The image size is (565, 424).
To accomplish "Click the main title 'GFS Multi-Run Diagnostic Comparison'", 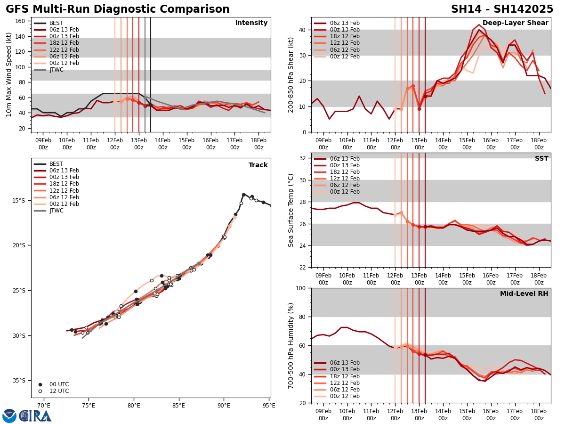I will coord(118,9).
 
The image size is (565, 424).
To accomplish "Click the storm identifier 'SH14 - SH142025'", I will coord(502,9).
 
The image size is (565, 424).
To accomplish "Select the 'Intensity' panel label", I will coord(251,23).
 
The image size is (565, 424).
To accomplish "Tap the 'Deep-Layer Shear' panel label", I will coord(515,23).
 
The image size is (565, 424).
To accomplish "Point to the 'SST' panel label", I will coord(541,159).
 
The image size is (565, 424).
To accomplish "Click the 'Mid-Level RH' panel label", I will coord(524,294).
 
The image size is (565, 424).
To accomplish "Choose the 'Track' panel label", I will coord(258,165).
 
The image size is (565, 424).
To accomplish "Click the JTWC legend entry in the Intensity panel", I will coord(56,70).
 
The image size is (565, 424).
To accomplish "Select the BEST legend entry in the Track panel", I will coord(56,164).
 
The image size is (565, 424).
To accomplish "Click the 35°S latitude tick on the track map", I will coord(21,381).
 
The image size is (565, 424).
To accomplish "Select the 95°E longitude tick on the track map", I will coord(269,405).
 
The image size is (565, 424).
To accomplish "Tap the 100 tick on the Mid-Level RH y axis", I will coord(301,288).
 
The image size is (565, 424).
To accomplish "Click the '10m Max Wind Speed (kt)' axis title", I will coord(9,74).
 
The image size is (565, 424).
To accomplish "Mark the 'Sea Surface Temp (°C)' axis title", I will coord(291,210).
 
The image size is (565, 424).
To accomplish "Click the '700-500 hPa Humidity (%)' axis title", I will coord(291,345).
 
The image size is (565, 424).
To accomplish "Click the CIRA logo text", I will coord(35,416).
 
